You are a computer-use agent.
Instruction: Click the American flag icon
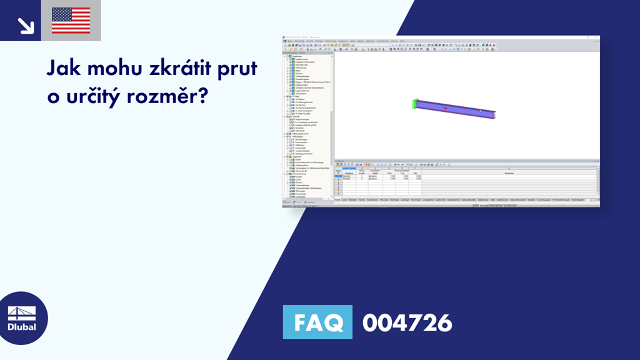pos(71,21)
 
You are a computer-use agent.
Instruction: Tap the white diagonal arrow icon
pos(25,24)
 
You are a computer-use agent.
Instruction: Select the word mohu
pos(114,68)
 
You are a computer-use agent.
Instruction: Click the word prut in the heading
pos(237,69)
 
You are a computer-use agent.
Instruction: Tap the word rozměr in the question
pos(164,97)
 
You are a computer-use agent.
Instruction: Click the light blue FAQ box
pos(317,322)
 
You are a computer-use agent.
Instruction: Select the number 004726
pos(407,322)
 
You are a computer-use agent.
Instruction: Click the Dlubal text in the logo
pos(22,326)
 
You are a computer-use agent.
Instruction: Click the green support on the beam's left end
pos(415,104)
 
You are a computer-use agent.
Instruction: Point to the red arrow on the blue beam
pos(446,108)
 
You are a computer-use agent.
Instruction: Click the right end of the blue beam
pos(494,114)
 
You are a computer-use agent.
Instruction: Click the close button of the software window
pos(597,37)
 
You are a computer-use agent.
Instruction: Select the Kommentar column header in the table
pos(509,173)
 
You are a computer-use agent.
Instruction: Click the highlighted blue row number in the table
pos(338,176)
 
